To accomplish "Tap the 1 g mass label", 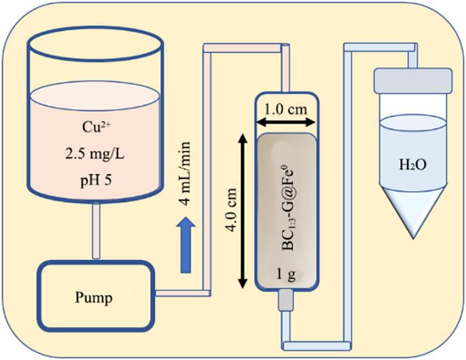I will (287, 273).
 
